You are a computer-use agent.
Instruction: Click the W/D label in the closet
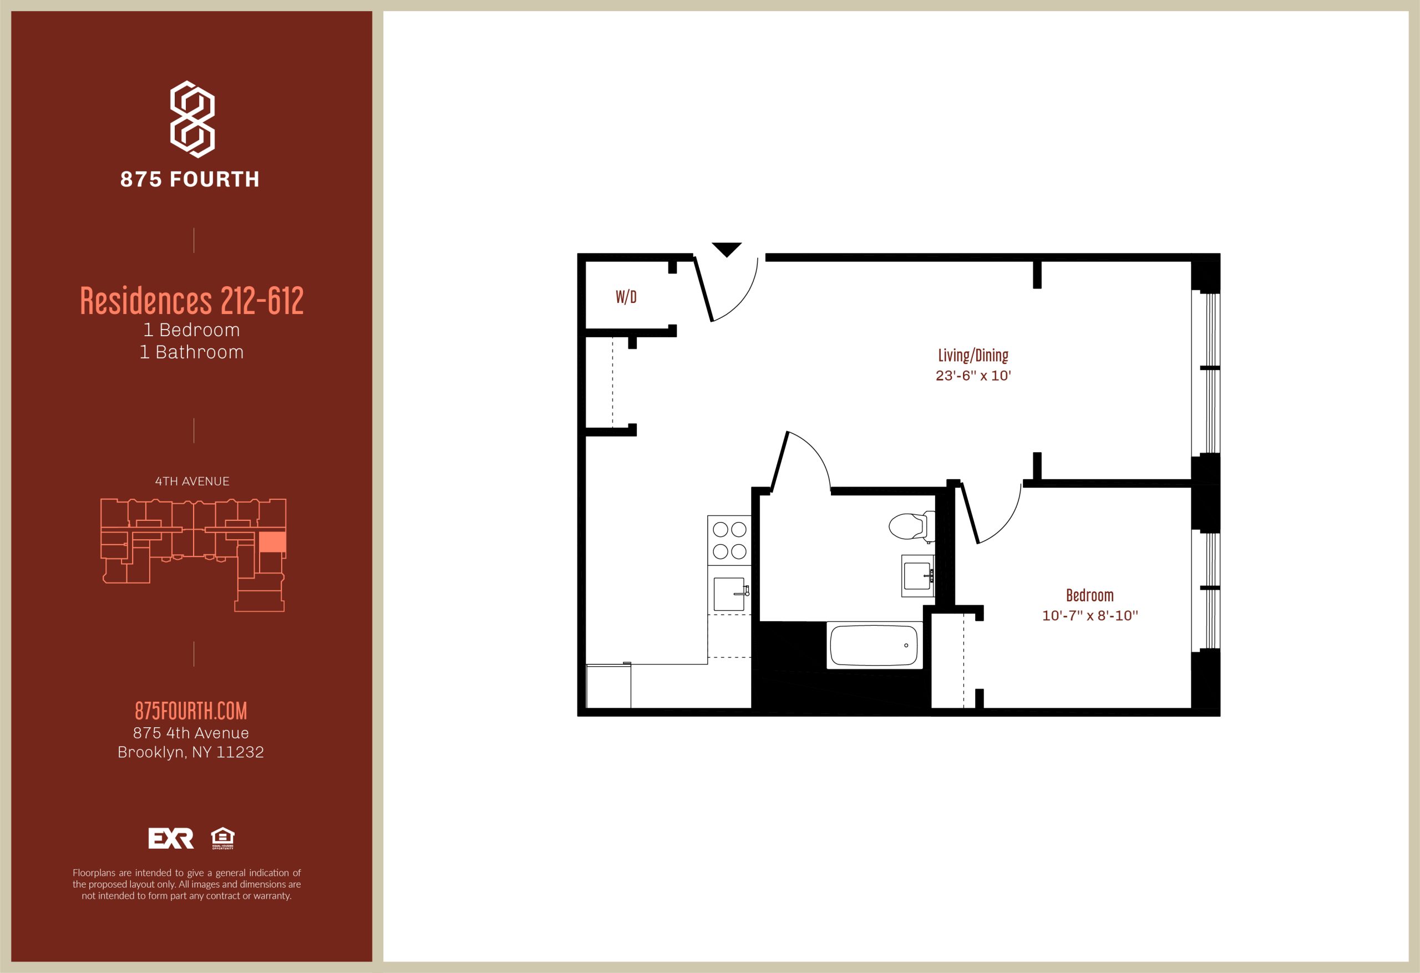(x=626, y=297)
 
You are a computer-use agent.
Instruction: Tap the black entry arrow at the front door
(x=727, y=249)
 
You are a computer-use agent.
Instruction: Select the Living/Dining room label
(x=973, y=355)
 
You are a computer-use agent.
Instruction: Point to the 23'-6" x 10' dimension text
(x=973, y=375)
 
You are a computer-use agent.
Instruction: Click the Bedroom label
(x=1089, y=595)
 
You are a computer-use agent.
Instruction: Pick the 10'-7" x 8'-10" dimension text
(x=1090, y=615)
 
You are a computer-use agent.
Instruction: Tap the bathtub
(x=874, y=645)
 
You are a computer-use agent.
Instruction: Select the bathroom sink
(x=918, y=576)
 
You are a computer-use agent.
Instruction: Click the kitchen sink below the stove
(x=729, y=594)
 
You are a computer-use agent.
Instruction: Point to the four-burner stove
(x=729, y=540)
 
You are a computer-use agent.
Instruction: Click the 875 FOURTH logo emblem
(x=192, y=119)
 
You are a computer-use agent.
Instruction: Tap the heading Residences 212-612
(x=192, y=301)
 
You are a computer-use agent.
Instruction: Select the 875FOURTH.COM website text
(x=191, y=711)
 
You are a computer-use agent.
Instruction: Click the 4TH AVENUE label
(x=192, y=482)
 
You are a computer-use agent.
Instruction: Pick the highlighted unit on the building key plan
(x=272, y=542)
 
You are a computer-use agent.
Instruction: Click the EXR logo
(x=171, y=838)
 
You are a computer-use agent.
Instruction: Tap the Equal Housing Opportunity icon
(x=222, y=838)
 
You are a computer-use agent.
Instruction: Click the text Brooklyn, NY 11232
(x=191, y=752)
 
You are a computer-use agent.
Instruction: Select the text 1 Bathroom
(x=192, y=352)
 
